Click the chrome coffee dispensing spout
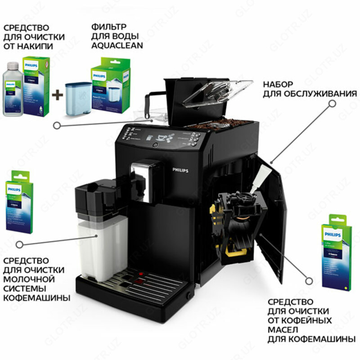tap(143, 175)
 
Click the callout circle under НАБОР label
tap(332, 103)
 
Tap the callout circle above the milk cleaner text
tap(19, 244)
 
